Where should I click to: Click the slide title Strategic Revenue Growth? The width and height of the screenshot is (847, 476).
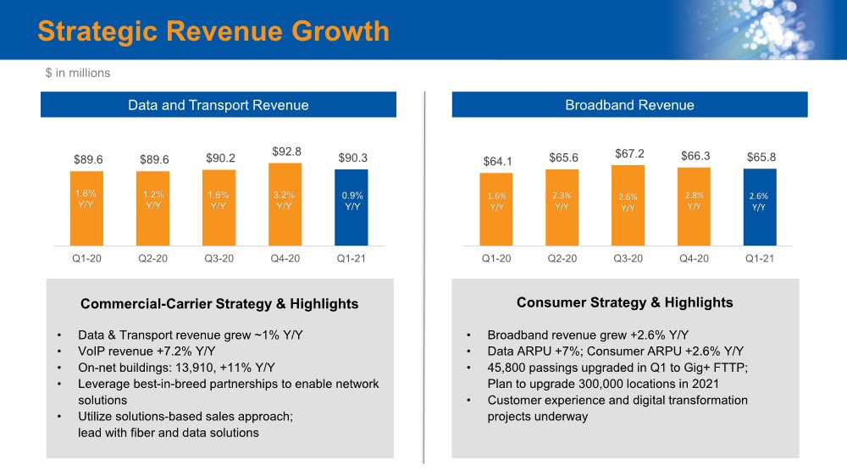tap(213, 31)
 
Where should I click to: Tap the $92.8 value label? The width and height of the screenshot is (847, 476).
tap(286, 152)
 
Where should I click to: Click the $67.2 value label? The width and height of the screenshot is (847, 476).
tap(628, 153)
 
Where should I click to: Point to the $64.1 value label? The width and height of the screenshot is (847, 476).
tap(496, 161)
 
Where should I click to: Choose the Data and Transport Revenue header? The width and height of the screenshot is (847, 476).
tap(218, 105)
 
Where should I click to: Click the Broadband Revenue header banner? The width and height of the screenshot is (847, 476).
tap(629, 105)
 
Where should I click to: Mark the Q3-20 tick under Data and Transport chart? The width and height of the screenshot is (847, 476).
tap(219, 258)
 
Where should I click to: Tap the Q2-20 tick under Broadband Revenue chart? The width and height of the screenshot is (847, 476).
tap(562, 258)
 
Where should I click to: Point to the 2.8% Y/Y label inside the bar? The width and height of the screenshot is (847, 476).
tap(694, 201)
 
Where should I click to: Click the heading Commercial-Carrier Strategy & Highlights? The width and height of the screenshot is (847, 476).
tap(219, 304)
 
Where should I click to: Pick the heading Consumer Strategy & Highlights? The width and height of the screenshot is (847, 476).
tap(624, 302)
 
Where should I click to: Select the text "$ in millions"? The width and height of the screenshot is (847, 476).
tap(78, 73)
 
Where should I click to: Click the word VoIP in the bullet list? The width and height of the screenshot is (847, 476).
tap(92, 351)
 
